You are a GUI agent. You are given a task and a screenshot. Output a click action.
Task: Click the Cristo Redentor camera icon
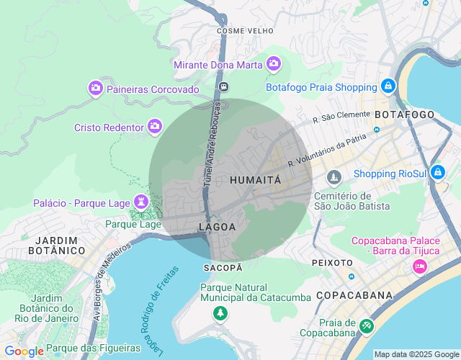[x=155, y=127]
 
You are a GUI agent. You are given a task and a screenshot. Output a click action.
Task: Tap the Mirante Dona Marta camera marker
[x=273, y=65]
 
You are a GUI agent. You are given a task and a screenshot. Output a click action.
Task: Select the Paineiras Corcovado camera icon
[x=95, y=89]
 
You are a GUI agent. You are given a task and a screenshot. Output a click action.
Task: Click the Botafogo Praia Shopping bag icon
[x=388, y=86]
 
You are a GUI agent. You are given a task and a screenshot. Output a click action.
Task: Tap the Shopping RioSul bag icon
[x=437, y=173]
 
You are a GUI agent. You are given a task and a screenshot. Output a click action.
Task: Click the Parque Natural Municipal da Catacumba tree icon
[x=220, y=313]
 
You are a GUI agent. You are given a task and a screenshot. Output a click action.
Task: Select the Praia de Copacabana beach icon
[x=367, y=326]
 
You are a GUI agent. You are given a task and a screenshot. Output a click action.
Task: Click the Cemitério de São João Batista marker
[x=334, y=177]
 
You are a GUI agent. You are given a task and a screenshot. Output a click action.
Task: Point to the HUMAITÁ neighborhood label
[x=255, y=180]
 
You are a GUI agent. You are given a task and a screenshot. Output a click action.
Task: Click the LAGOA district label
[x=217, y=227]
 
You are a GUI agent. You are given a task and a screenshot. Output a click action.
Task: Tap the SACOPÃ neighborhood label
[x=223, y=267]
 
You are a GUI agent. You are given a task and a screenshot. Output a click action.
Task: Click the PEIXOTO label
[x=332, y=263]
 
